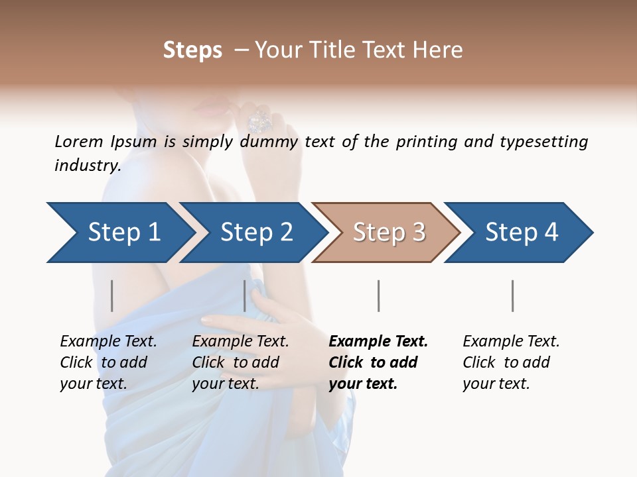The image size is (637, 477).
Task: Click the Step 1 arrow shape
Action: click(119, 233)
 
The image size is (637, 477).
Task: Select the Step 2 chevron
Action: click(255, 233)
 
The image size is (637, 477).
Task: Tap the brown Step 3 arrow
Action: click(388, 233)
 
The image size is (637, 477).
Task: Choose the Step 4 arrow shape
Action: click(521, 233)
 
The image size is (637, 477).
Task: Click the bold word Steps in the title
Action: click(192, 50)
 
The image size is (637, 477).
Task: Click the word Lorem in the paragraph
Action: click(79, 141)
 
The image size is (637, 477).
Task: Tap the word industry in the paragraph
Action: click(88, 166)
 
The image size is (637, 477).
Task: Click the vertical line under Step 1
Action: click(112, 295)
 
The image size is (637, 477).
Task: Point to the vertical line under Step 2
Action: click(245, 295)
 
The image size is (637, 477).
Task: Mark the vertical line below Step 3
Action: click(378, 295)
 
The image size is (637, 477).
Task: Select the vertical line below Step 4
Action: click(512, 295)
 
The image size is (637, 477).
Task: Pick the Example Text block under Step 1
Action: click(107, 362)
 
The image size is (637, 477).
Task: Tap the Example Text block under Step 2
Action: click(240, 362)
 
